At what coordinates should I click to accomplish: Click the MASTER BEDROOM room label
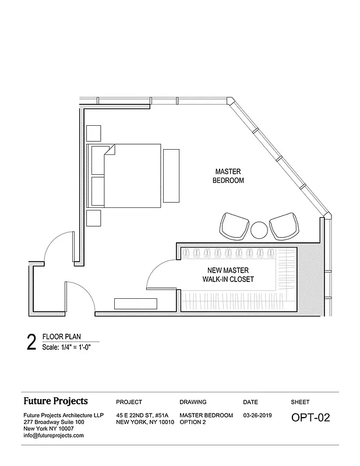click(x=229, y=176)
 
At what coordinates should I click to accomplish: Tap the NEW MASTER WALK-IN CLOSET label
click(x=228, y=275)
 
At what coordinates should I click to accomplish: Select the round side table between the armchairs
click(x=259, y=229)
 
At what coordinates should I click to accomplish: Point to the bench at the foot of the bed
click(x=171, y=175)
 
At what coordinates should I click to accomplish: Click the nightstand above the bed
click(x=93, y=133)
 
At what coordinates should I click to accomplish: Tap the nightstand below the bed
click(x=93, y=218)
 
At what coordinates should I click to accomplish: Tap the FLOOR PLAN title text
click(x=61, y=337)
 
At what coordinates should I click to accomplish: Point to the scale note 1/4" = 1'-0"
click(x=66, y=348)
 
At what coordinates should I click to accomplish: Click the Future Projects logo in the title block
click(x=55, y=401)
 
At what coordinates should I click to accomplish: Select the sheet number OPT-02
click(x=310, y=418)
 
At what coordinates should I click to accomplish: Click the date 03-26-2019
click(x=258, y=415)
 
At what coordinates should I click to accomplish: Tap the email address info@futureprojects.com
click(x=54, y=435)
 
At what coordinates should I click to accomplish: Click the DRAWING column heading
click(x=193, y=402)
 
